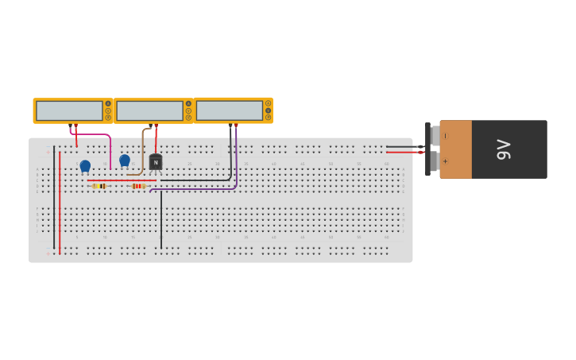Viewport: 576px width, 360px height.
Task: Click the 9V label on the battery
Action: [503, 149]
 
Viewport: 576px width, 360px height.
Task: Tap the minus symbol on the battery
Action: [445, 136]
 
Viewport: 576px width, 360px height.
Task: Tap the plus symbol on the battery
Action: [445, 161]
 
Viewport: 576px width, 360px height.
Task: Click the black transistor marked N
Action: [156, 162]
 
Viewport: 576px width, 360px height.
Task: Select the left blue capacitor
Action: [85, 165]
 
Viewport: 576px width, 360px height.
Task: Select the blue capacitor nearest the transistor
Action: [125, 160]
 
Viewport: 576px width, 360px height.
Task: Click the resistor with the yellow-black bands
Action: [99, 186]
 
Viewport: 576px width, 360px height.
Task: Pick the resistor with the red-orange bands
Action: [138, 186]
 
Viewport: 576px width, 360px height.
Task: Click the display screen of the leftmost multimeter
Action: [69, 110]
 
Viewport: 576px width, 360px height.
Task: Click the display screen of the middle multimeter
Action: [149, 110]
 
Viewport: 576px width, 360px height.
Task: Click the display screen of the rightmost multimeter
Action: [230, 110]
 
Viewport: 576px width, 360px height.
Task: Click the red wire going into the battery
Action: [401, 152]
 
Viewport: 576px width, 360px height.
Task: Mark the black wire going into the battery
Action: [401, 146]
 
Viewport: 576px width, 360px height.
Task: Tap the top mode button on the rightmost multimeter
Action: [268, 103]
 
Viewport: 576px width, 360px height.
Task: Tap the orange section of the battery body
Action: [456, 149]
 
